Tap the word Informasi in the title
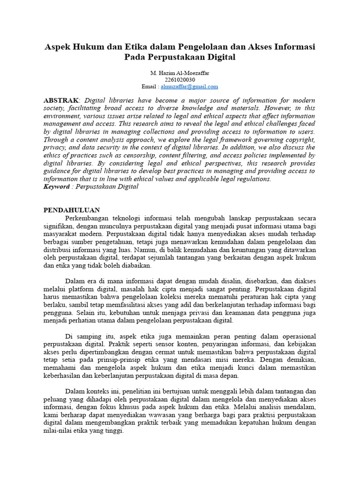point(294,47)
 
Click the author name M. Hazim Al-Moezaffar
point(180,73)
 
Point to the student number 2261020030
point(180,80)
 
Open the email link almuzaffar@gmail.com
point(189,87)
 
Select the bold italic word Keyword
point(59,186)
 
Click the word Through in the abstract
point(57,140)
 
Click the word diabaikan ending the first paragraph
point(136,265)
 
